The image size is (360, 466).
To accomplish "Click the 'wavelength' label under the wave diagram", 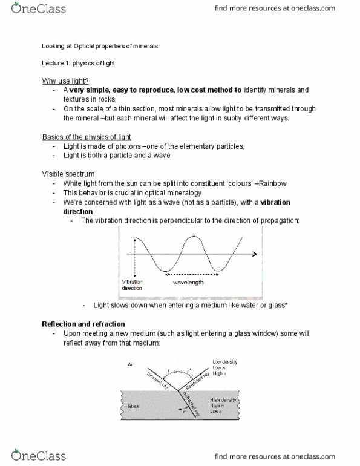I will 188,282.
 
